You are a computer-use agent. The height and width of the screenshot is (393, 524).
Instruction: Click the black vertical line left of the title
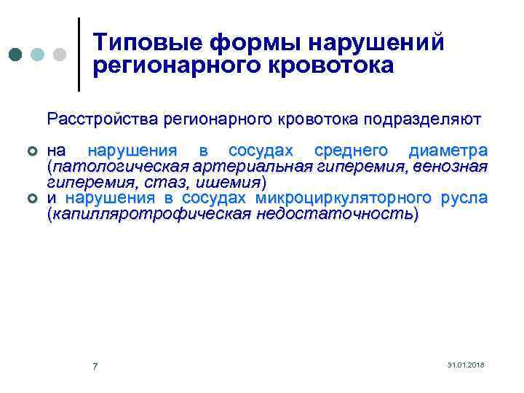pos(79,55)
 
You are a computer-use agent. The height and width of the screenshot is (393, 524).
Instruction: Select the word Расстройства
pos(101,117)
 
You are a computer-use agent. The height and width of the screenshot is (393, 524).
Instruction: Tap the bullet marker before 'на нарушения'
pos(31,151)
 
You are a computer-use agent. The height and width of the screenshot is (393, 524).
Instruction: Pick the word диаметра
pos(448,151)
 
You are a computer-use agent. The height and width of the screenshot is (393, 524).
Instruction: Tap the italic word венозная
pos(451,167)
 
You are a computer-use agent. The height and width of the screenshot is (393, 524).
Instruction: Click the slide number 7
pos(95,365)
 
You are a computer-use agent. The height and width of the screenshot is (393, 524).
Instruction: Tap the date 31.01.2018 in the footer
pos(467,364)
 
